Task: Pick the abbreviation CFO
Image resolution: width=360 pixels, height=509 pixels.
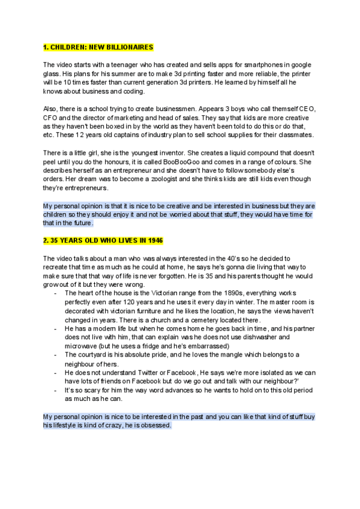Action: click(x=53, y=118)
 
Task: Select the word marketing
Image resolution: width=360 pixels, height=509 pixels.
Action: click(x=133, y=118)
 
